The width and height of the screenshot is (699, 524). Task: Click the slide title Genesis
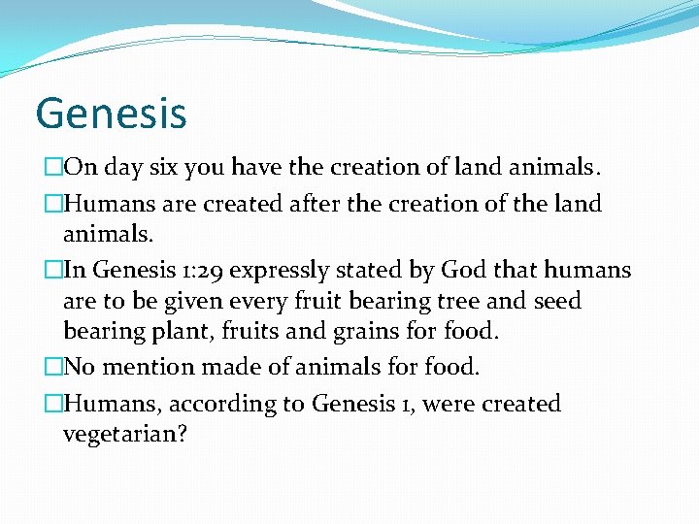click(111, 114)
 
